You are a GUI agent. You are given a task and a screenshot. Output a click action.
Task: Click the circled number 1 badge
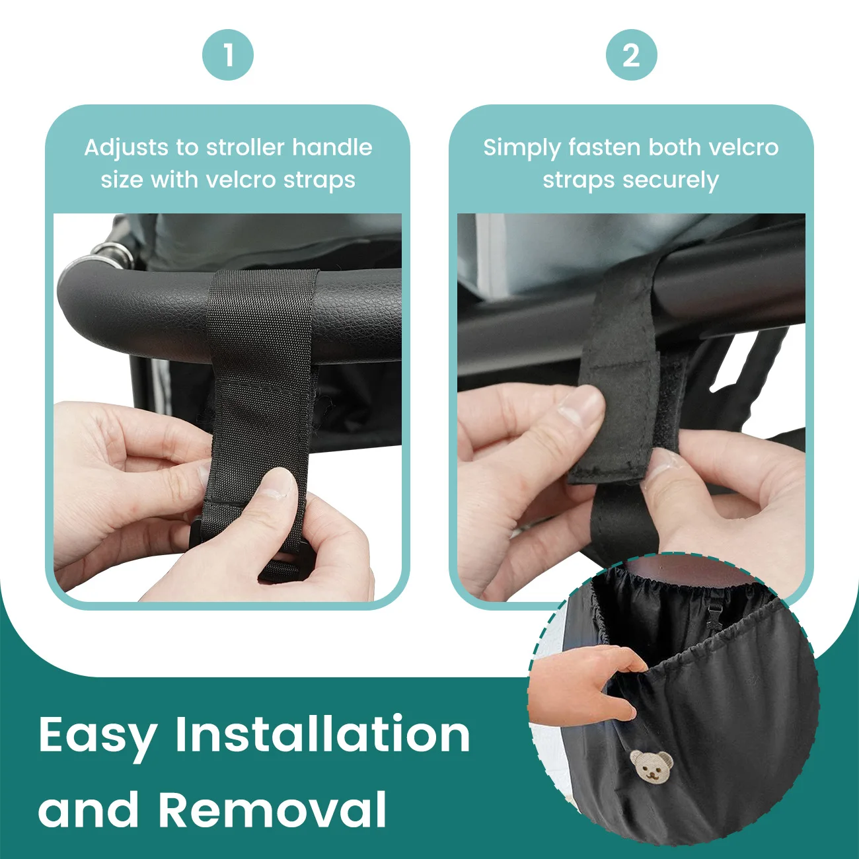click(x=228, y=55)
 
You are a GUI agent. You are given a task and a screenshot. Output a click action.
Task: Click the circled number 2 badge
click(x=631, y=55)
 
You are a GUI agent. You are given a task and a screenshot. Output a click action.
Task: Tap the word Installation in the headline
click(x=322, y=733)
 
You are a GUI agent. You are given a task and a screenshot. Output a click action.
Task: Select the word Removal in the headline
click(x=272, y=809)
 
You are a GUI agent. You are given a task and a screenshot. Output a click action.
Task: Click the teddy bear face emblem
click(x=652, y=765)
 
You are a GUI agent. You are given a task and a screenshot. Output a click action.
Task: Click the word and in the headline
click(x=89, y=809)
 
